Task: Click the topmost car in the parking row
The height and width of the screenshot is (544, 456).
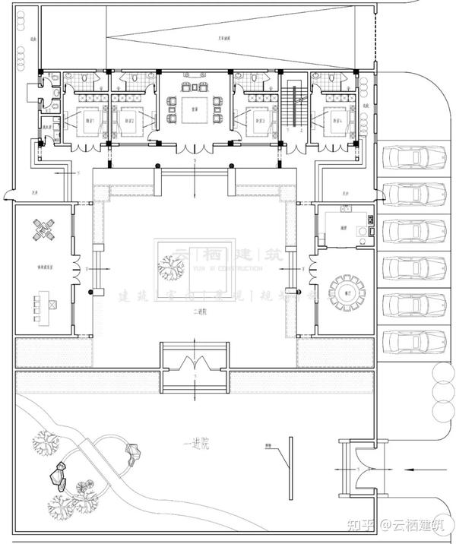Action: tap(415, 158)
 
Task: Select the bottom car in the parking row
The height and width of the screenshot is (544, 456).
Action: tap(415, 343)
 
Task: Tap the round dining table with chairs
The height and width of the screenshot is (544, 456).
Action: tap(346, 290)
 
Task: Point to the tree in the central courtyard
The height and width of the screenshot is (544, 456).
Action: tap(173, 267)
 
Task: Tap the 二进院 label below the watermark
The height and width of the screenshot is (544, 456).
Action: tap(195, 312)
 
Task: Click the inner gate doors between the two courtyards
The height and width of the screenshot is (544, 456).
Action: tap(195, 362)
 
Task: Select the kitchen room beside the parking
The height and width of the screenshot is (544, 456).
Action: tap(346, 226)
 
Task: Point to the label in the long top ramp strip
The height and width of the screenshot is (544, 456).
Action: tap(225, 36)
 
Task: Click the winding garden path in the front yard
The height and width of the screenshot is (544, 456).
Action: tap(99, 456)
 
